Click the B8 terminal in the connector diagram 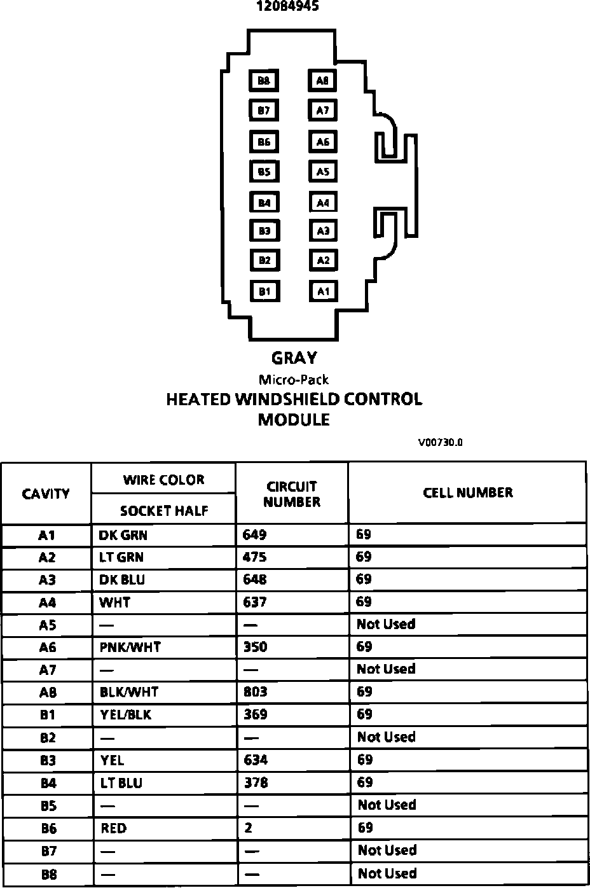click(x=264, y=81)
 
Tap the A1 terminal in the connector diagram click(x=323, y=291)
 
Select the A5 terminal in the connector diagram click(x=323, y=171)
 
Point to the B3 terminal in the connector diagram click(x=264, y=231)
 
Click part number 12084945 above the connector click(x=288, y=6)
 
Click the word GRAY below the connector click(x=294, y=358)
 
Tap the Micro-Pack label click(x=294, y=380)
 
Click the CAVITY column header click(x=46, y=494)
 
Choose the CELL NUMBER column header click(x=467, y=492)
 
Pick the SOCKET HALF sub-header click(x=164, y=510)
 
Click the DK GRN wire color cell click(x=123, y=535)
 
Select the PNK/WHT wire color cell click(x=130, y=647)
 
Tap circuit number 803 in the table click(x=256, y=691)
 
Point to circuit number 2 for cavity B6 click(x=248, y=828)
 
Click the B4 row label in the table click(x=48, y=783)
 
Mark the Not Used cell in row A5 click(x=386, y=624)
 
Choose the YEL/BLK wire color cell click(x=126, y=714)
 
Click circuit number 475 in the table click(x=255, y=557)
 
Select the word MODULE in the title click(x=294, y=420)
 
